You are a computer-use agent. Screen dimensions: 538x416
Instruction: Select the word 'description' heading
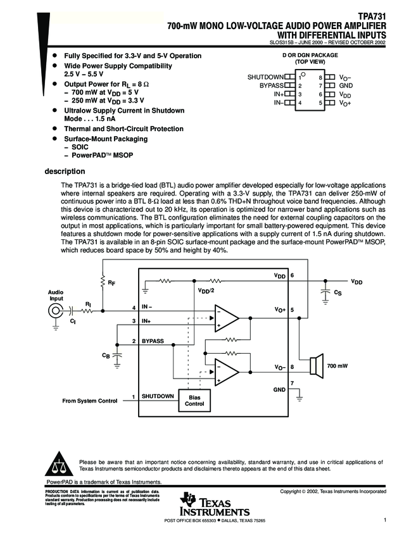click(65, 171)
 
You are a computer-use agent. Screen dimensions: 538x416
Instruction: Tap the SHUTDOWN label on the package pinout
click(265, 77)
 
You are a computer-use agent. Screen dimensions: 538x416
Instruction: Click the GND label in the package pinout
click(345, 85)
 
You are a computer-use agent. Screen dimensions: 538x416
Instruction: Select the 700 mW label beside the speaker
click(337, 366)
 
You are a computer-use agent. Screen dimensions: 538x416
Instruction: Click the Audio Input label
click(56, 296)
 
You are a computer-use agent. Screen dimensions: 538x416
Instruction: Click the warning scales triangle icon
click(61, 465)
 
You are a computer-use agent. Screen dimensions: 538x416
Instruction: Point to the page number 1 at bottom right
click(384, 520)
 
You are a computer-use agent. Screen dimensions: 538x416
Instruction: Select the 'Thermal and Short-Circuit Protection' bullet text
click(122, 128)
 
